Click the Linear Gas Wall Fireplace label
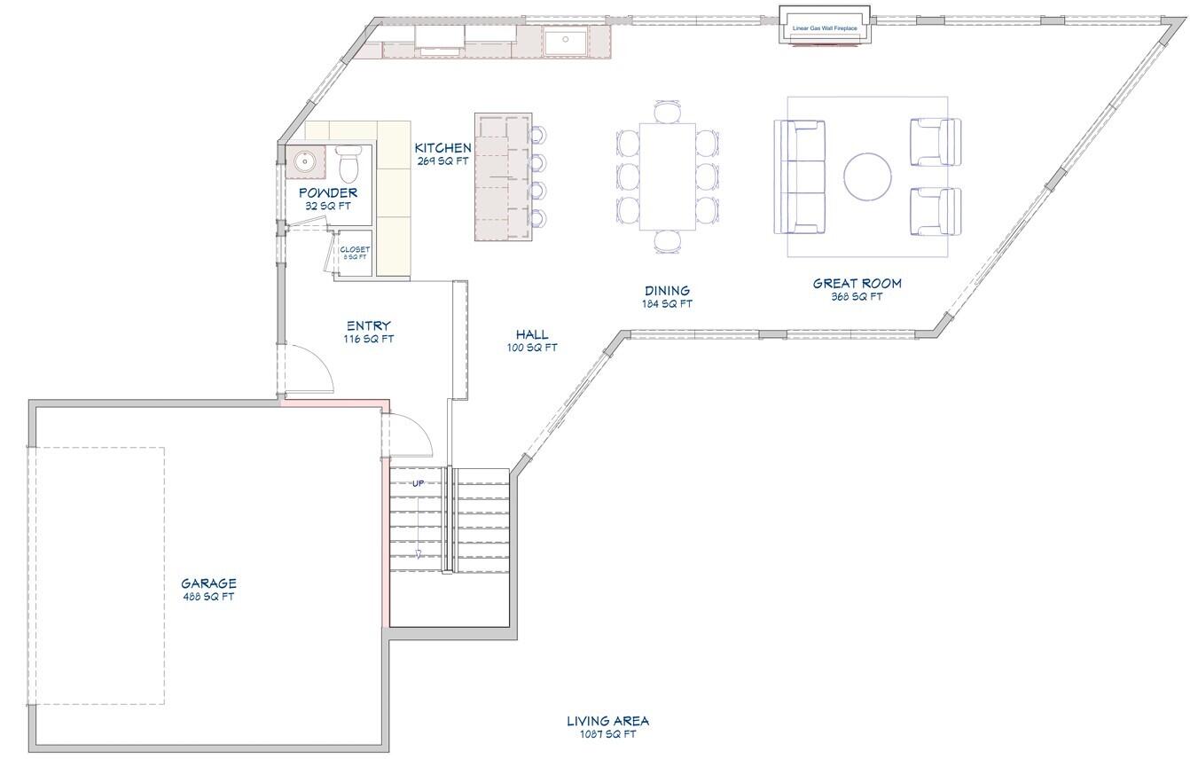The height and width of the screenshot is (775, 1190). click(x=825, y=28)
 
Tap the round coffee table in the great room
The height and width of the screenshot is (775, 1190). click(x=866, y=176)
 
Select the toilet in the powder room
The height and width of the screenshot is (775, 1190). click(x=348, y=164)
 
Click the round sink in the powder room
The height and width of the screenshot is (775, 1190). click(x=305, y=161)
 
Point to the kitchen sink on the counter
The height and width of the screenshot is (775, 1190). click(x=565, y=41)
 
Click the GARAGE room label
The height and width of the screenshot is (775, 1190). click(x=208, y=583)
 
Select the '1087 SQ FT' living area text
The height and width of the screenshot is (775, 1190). click(x=607, y=734)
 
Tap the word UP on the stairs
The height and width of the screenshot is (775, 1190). click(x=418, y=483)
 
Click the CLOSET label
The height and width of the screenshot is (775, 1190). click(x=355, y=249)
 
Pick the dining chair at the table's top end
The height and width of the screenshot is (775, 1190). click(x=667, y=113)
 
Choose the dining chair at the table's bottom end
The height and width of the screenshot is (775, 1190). click(x=668, y=240)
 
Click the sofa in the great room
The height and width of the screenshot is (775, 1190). click(x=801, y=176)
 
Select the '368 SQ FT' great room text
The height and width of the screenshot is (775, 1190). click(x=857, y=297)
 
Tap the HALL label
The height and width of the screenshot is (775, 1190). click(x=532, y=334)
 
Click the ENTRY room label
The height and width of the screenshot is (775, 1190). click(x=368, y=325)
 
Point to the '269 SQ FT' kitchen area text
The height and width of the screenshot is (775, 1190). click(x=442, y=161)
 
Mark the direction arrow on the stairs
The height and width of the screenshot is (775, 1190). click(x=419, y=554)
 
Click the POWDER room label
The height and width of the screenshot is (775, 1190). click(x=328, y=192)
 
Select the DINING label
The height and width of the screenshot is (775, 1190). click(x=667, y=290)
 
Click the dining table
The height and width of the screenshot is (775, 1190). click(x=667, y=176)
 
